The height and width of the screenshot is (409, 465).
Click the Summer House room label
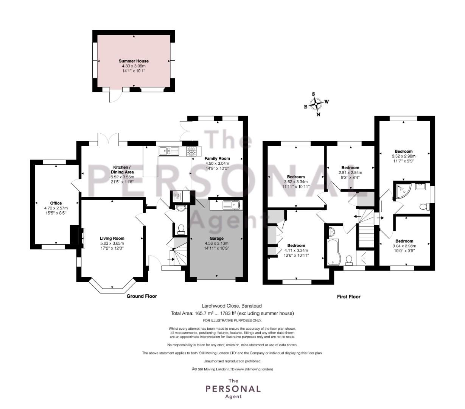coord(134,61)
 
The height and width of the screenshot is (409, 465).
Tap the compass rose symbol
coord(316,104)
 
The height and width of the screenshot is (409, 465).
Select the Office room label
coord(56,203)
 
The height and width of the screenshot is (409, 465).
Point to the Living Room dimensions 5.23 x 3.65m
coord(112,244)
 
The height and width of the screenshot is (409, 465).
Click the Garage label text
coord(216,238)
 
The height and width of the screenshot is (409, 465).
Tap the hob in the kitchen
coord(191,151)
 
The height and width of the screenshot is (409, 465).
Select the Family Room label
coord(217,159)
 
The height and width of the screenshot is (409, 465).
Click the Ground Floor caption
coord(142,296)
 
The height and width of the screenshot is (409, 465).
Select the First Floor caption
coord(348,297)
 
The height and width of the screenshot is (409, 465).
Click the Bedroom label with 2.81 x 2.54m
coord(350,167)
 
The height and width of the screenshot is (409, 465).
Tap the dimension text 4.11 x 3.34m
coord(296,250)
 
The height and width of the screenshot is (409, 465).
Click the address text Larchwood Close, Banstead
coord(232,306)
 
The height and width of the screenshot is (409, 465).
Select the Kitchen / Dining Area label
coord(122,170)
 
